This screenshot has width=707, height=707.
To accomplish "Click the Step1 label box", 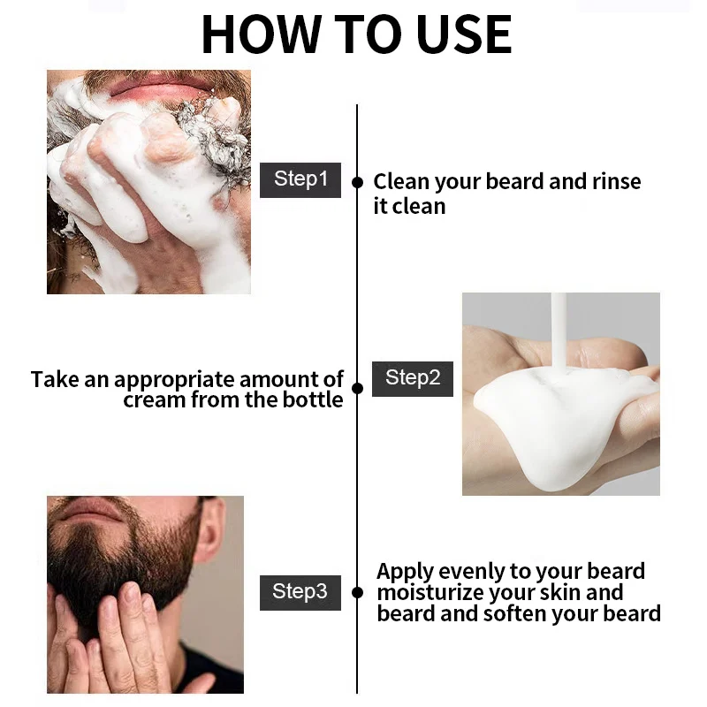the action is coord(300,180).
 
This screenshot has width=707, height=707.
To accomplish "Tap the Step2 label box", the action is coord(413,379).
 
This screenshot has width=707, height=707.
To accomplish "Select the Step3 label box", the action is coord(300,592).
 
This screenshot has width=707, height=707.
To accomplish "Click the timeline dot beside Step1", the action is coord(357,183).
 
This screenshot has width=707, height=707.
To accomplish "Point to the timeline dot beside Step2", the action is coord(357,388).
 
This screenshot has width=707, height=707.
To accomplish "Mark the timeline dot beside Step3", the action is coord(357,593).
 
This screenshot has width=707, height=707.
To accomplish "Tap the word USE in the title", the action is coord(465,34).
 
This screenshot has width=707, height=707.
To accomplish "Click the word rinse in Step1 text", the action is coord(616,182).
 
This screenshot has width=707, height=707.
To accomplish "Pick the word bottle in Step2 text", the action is coord(313,399).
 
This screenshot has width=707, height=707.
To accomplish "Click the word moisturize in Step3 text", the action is coord(430,593).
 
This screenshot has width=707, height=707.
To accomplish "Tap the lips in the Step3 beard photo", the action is coord(90,509).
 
